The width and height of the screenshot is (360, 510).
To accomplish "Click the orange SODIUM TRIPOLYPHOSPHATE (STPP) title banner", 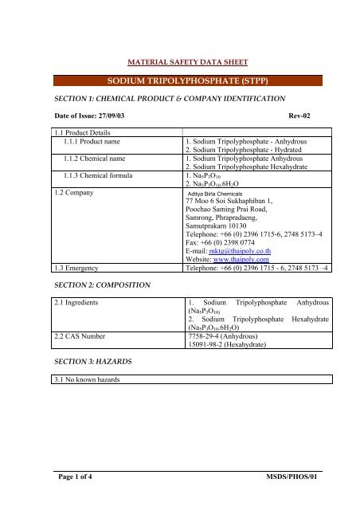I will click(180, 80).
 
